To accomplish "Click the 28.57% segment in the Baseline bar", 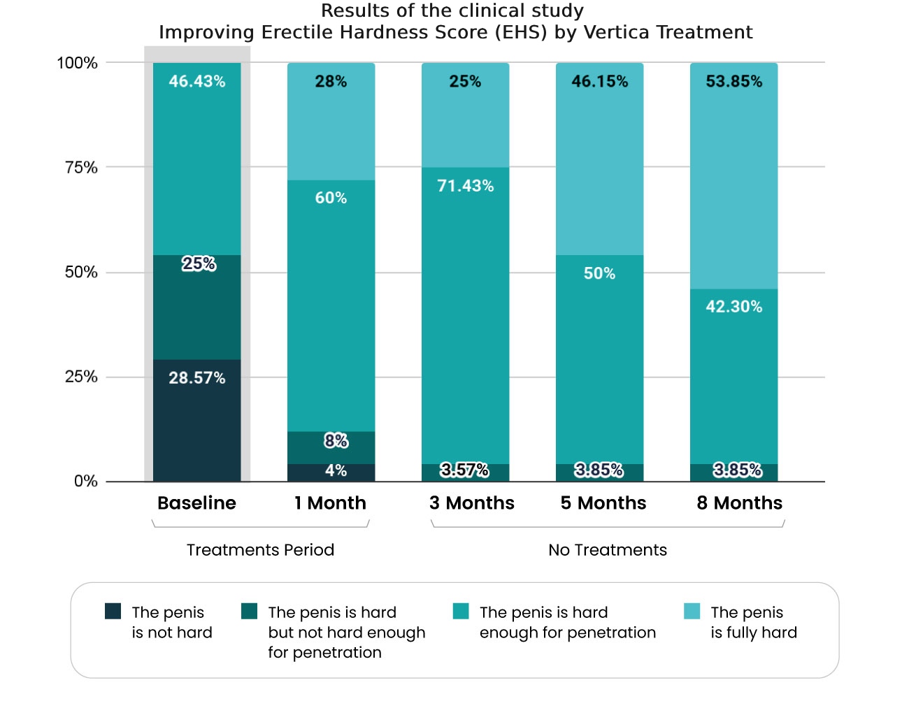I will point(196,419).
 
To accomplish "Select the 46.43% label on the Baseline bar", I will point(196,81).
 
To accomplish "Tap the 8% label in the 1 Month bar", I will point(336,440).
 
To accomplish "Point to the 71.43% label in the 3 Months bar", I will point(465,186).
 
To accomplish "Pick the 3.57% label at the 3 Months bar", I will point(464,470).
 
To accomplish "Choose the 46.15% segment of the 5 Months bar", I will point(599,159).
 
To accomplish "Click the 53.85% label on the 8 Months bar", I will point(733,81).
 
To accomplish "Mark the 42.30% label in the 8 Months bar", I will point(733,306).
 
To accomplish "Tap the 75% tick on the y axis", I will point(81,167).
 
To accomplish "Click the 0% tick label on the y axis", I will point(85,481).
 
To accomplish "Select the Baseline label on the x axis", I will point(196,503).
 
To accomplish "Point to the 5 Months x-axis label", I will point(603,503).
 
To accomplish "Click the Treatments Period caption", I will point(260,549).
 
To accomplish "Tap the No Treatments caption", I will point(607,549).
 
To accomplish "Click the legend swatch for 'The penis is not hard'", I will point(113,611).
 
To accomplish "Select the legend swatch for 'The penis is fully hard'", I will point(692,611).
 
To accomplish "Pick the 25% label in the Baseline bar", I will point(199,263).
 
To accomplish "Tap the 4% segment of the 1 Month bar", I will point(331,472).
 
